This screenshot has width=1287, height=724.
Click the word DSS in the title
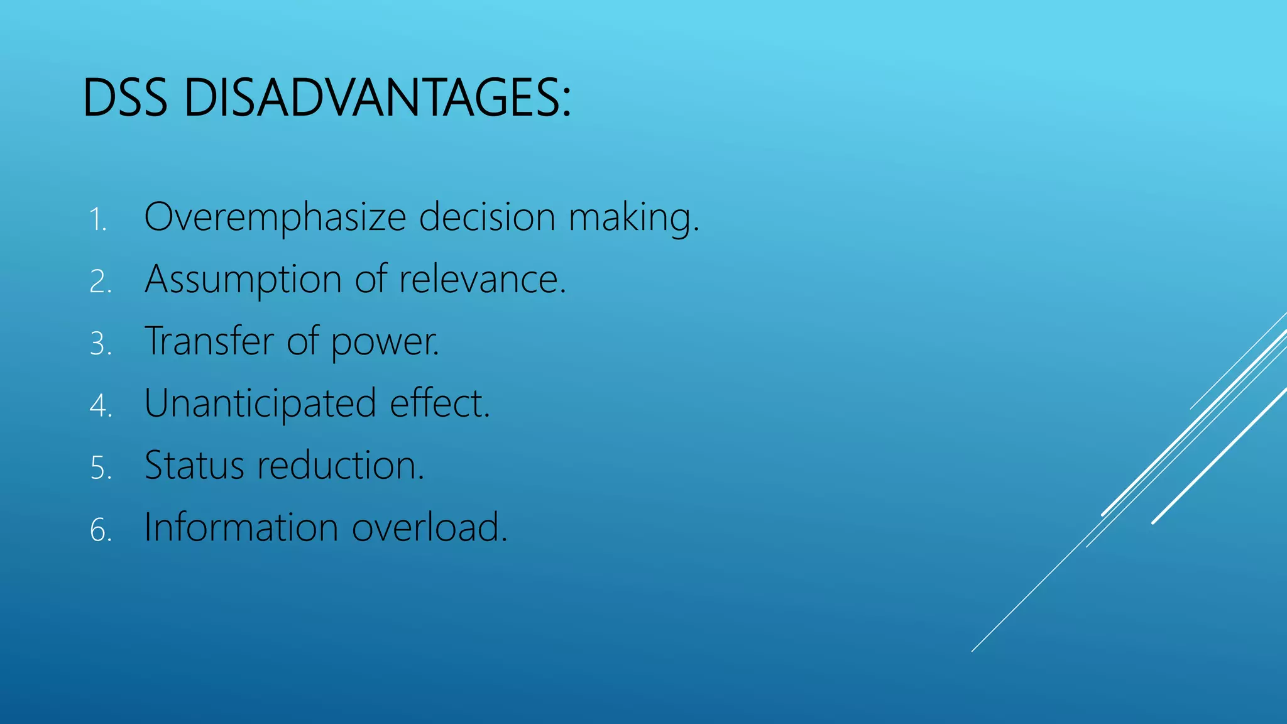(125, 98)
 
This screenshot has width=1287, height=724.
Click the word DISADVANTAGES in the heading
(377, 98)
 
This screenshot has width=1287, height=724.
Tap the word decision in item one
(487, 217)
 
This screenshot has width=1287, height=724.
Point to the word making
(633, 219)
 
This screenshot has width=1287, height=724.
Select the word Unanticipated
(260, 403)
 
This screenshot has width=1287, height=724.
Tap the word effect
(439, 403)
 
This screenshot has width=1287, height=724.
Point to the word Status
(194, 466)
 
